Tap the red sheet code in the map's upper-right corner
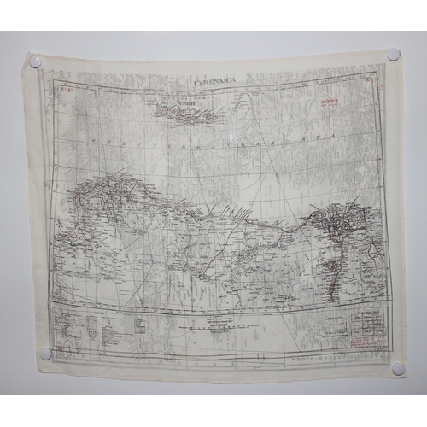click(x=367, y=82)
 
